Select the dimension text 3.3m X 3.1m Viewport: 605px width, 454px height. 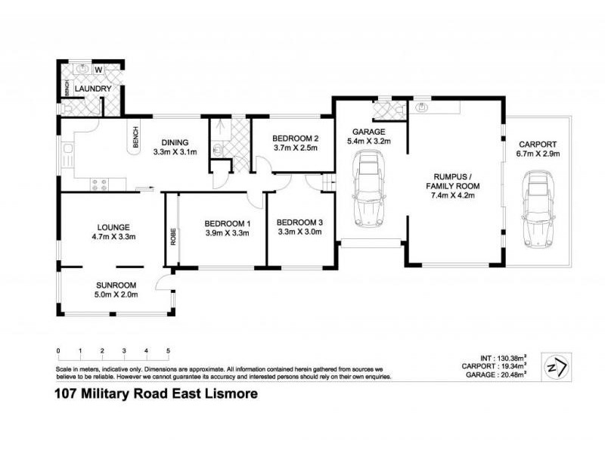click(175, 151)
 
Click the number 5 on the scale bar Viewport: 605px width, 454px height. click(168, 351)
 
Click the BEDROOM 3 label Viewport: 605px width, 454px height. click(299, 222)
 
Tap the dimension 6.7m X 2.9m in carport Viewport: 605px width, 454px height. click(537, 153)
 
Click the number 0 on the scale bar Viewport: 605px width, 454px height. click(58, 351)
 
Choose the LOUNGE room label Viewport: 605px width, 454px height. click(113, 226)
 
